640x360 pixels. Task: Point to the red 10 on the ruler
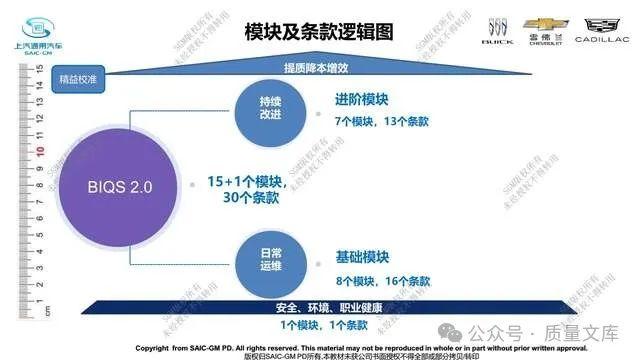point(39,154)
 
